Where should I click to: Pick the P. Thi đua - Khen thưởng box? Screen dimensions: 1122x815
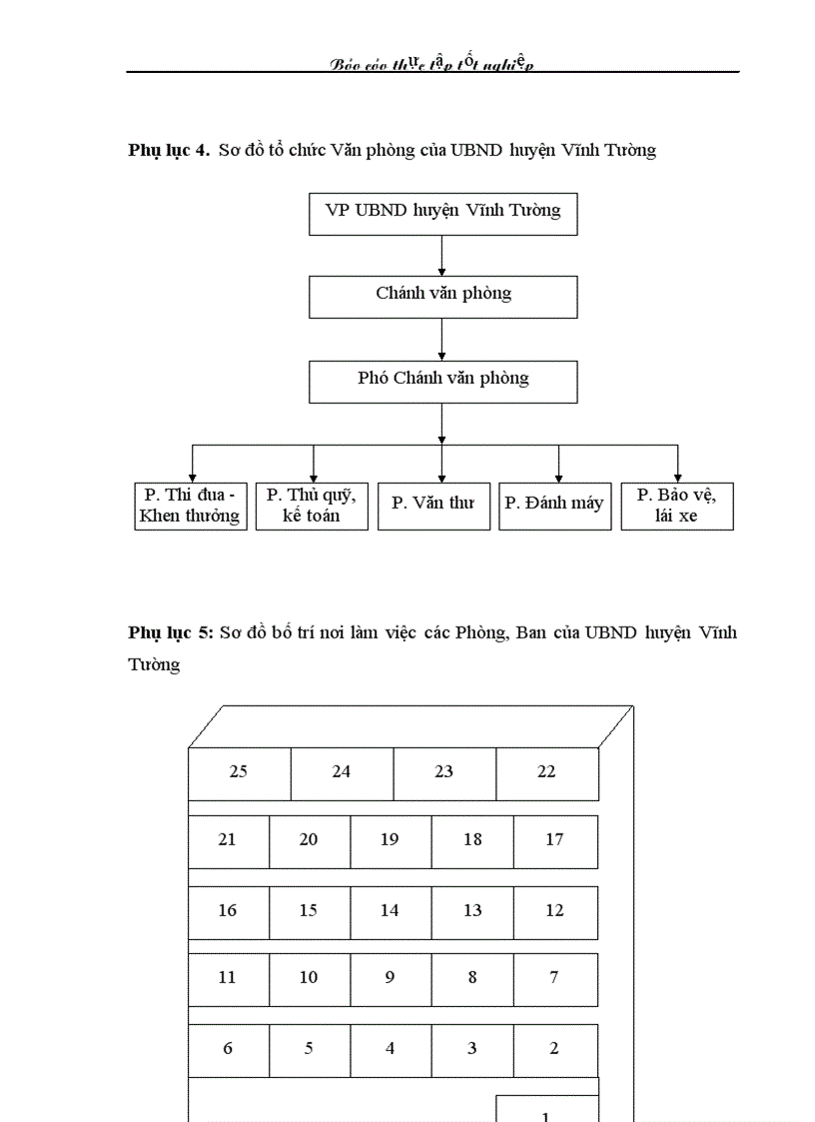click(190, 506)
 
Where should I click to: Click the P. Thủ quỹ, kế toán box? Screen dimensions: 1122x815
click(312, 506)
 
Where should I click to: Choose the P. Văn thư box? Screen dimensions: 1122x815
click(433, 506)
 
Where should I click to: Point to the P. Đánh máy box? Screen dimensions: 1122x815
click(554, 506)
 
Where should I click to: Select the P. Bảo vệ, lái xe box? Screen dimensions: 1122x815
click(676, 506)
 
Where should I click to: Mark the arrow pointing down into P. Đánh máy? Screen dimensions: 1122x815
click(558, 464)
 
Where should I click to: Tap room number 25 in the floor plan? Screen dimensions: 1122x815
click(239, 772)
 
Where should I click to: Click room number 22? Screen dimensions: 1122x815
click(546, 772)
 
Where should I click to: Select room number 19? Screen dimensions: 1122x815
click(390, 840)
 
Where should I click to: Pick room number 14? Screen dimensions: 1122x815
click(390, 911)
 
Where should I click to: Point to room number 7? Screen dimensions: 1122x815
click(554, 978)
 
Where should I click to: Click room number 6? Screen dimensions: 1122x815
click(228, 1049)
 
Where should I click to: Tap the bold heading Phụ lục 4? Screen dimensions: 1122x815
click(168, 151)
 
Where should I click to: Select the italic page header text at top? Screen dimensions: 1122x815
click(431, 64)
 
